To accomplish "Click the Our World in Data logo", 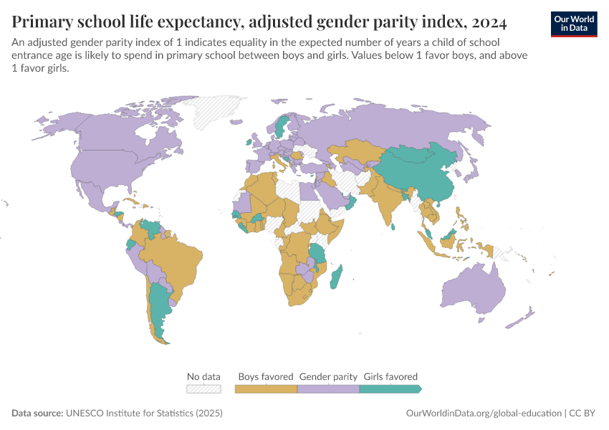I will coord(574,24).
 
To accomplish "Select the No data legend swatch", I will coord(203,388).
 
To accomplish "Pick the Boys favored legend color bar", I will coord(266,388).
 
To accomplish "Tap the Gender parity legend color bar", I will coord(327,388).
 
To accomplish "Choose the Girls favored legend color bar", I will coord(389,388).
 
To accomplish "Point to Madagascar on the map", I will coord(336,277).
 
